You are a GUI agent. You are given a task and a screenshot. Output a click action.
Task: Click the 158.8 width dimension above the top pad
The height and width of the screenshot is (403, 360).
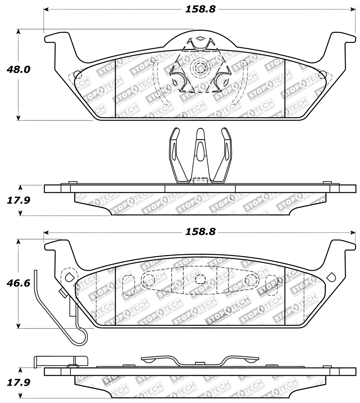point(200,9)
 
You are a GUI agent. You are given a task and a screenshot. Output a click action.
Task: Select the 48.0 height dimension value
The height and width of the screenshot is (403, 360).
point(19,70)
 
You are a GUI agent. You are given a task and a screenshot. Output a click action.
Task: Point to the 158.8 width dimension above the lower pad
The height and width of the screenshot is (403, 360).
point(200,232)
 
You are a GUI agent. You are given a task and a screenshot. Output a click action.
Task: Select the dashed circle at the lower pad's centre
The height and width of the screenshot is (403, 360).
point(200,279)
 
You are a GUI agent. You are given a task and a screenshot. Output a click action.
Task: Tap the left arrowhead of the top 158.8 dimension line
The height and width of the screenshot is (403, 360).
point(46,10)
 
